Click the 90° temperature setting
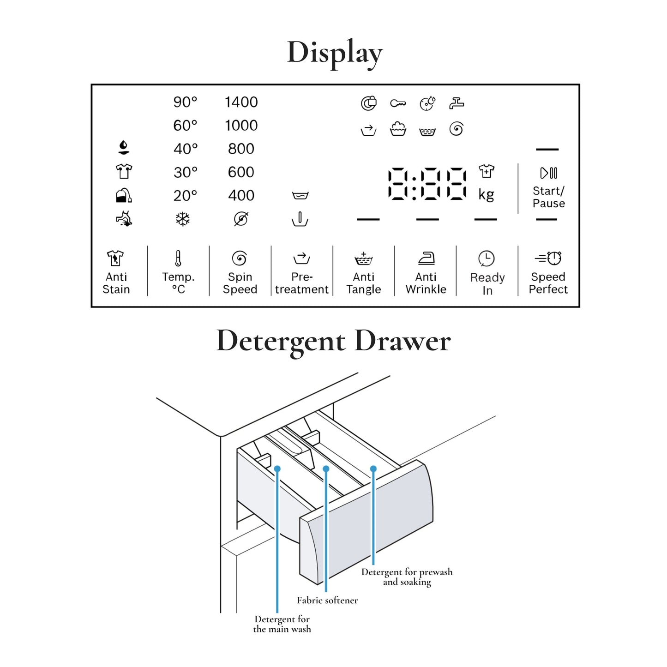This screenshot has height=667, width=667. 185,102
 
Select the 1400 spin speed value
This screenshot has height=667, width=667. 241,102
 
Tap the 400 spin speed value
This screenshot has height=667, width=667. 241,195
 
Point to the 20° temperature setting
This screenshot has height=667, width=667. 185,195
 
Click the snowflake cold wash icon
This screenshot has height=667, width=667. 183,219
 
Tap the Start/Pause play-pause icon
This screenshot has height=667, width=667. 548,173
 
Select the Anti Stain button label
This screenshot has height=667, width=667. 116,283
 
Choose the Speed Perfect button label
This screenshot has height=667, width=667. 548,283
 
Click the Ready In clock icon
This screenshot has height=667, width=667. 487,258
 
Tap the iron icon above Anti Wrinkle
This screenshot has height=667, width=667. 426,258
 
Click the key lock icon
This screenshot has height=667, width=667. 397,103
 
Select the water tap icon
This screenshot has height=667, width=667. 457,103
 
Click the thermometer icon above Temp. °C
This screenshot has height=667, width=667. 178,258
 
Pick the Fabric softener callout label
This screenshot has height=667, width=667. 327,601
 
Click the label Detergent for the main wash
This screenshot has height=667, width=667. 282,624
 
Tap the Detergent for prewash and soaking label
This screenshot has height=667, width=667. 407,577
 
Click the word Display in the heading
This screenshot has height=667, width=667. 335,53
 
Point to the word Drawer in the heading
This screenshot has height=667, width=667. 403,342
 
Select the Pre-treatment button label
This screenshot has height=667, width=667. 302,283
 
